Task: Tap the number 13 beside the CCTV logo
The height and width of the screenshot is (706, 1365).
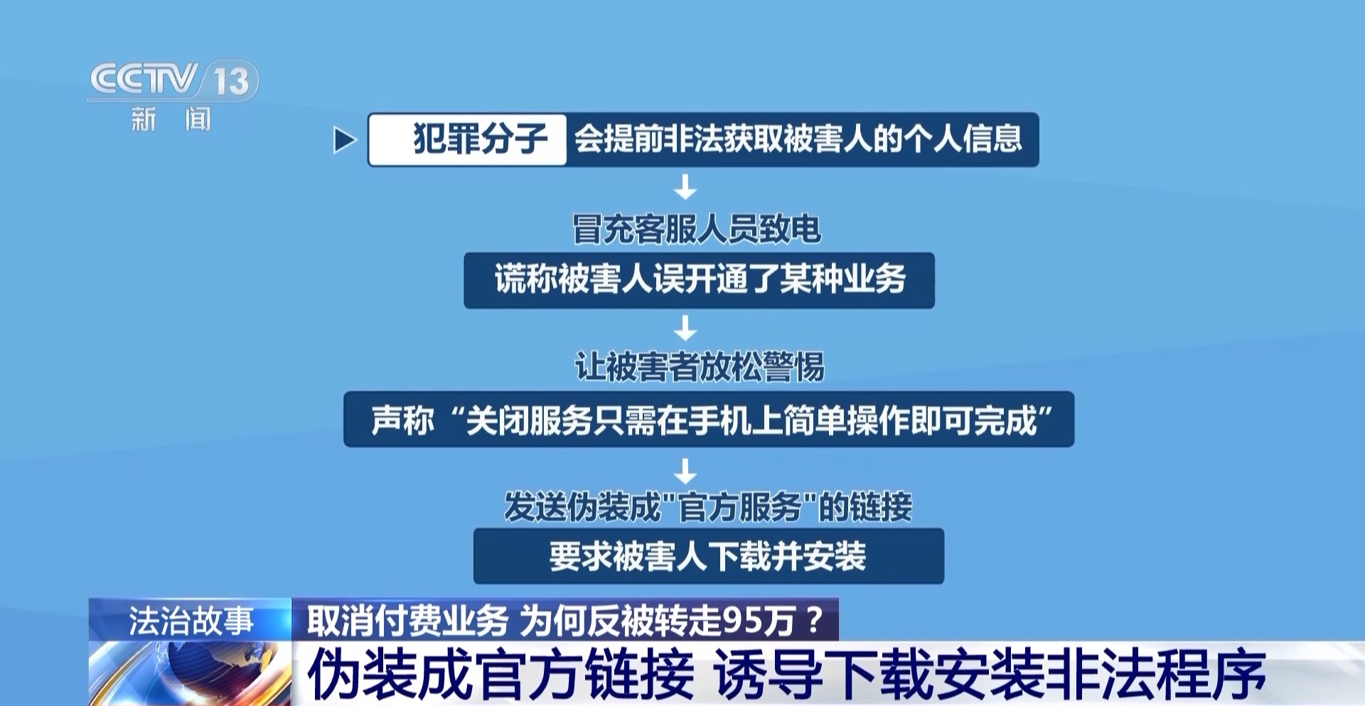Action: [232, 80]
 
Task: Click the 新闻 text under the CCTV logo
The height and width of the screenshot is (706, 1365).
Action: [171, 119]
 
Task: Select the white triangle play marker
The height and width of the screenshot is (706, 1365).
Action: [344, 140]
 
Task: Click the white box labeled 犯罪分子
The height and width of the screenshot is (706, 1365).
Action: [467, 139]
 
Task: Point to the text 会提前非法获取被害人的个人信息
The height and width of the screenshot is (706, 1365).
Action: [798, 139]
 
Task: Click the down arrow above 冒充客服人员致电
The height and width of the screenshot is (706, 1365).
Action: [685, 188]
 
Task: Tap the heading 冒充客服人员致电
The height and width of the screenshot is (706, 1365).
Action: [697, 229]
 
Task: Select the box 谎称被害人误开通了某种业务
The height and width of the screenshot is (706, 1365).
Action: [699, 280]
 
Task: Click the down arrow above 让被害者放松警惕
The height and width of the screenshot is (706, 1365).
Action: [685, 328]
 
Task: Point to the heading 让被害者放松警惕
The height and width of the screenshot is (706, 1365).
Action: [700, 367]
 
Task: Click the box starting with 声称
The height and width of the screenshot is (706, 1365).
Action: [709, 419]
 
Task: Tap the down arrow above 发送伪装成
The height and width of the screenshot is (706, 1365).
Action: [685, 471]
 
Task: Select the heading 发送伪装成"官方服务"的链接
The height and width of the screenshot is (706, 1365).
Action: [708, 507]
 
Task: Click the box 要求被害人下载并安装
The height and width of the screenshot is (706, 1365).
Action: [709, 556]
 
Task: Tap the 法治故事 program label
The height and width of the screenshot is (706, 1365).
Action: [191, 621]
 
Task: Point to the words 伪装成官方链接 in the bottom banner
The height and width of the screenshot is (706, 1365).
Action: [500, 674]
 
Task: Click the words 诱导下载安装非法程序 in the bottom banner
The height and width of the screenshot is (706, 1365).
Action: [990, 674]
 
